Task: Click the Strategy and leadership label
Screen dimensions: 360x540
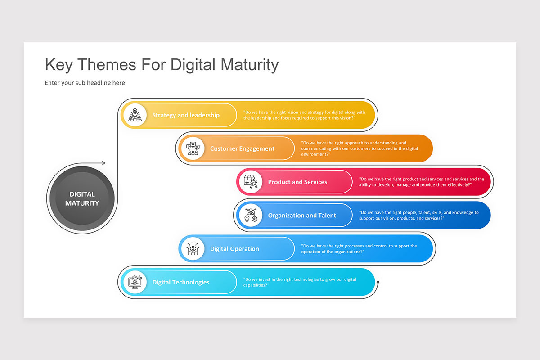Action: [x=186, y=115]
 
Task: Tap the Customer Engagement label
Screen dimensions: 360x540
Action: [x=242, y=149]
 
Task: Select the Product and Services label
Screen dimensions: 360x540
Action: [x=297, y=182]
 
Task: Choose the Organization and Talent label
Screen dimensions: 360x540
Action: [x=302, y=216]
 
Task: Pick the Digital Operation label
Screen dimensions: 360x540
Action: [x=234, y=249]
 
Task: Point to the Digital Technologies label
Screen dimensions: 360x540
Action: [x=181, y=283]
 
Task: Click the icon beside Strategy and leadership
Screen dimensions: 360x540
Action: [x=135, y=115]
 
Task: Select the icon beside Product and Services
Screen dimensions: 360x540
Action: [x=250, y=182]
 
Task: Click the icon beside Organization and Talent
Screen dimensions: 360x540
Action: [x=250, y=216]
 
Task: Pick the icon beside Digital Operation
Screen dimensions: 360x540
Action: [x=193, y=249]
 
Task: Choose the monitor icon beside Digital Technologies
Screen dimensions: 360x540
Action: [x=135, y=283]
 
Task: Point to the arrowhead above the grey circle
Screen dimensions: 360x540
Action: [x=103, y=163]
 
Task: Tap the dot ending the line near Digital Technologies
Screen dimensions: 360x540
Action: [x=378, y=283]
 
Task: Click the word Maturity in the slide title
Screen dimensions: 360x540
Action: [x=249, y=65]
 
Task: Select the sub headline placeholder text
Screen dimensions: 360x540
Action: [x=85, y=83]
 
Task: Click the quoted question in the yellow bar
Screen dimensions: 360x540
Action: [x=304, y=115]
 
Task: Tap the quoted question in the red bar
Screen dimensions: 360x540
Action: [x=422, y=182]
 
